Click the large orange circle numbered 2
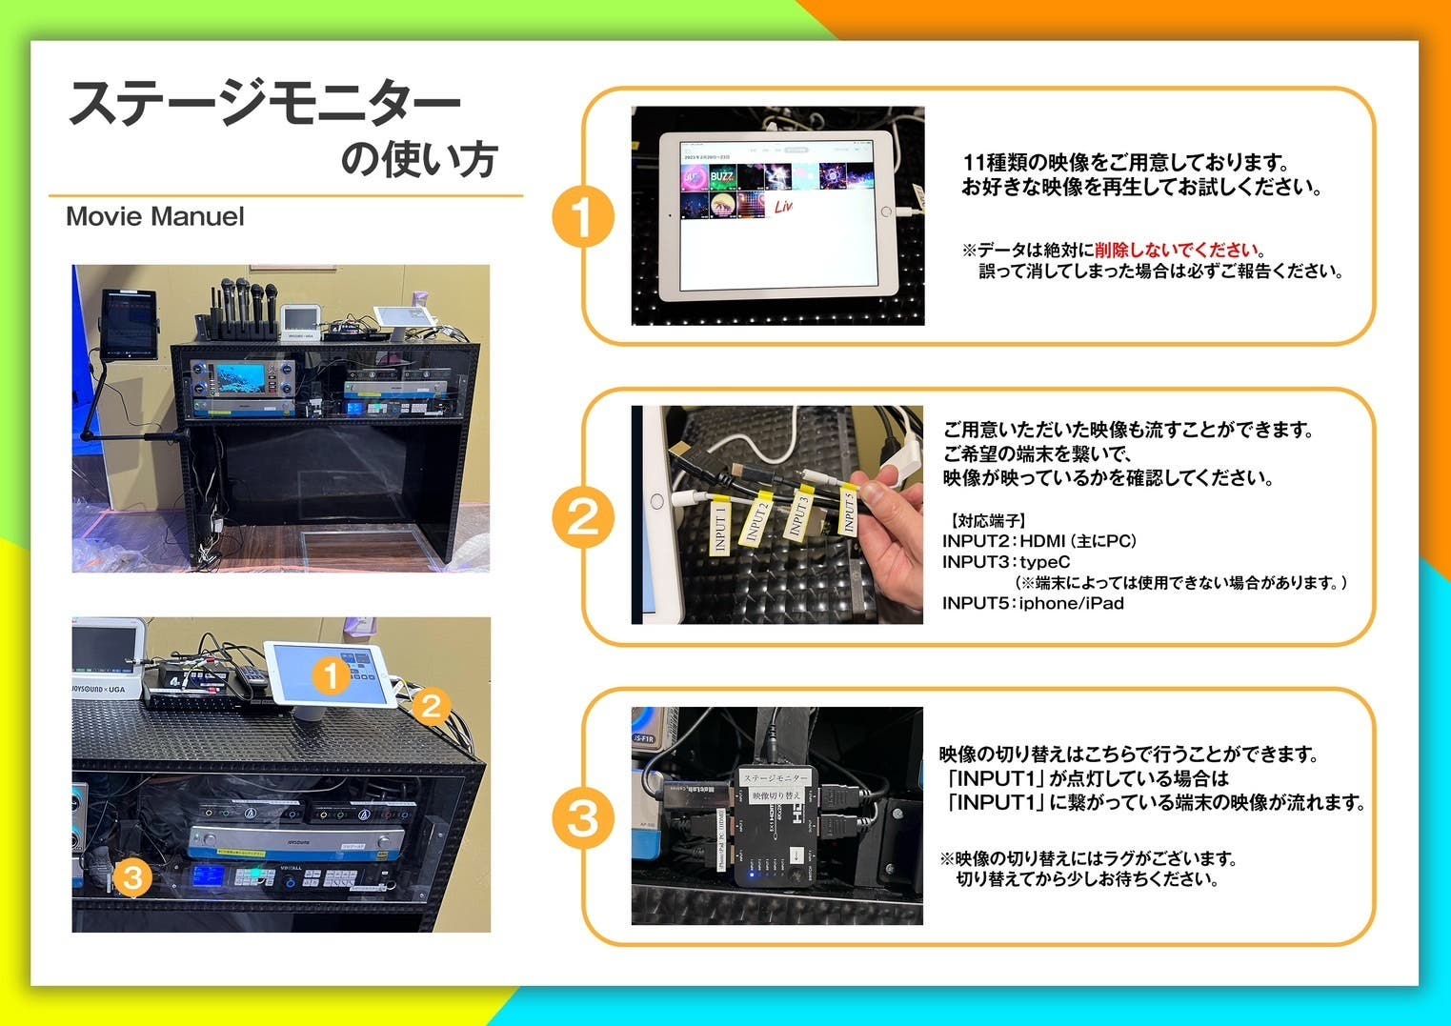pyautogui.click(x=582, y=517)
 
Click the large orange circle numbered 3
pyautogui.click(x=582, y=818)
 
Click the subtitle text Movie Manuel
pyautogui.click(x=154, y=217)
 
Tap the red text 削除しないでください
pyautogui.click(x=1176, y=251)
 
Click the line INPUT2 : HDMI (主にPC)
pyautogui.click(x=1038, y=541)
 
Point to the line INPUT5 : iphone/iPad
pyautogui.click(x=1033, y=603)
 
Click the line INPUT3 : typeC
pyautogui.click(x=1006, y=562)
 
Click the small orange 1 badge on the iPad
pyautogui.click(x=331, y=675)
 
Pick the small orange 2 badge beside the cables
pyautogui.click(x=431, y=706)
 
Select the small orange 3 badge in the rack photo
pyautogui.click(x=132, y=875)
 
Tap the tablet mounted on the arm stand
pyautogui.click(x=129, y=323)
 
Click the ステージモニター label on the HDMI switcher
pyautogui.click(x=775, y=778)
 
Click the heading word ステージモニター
pyautogui.click(x=265, y=103)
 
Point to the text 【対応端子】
pyautogui.click(x=987, y=521)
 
